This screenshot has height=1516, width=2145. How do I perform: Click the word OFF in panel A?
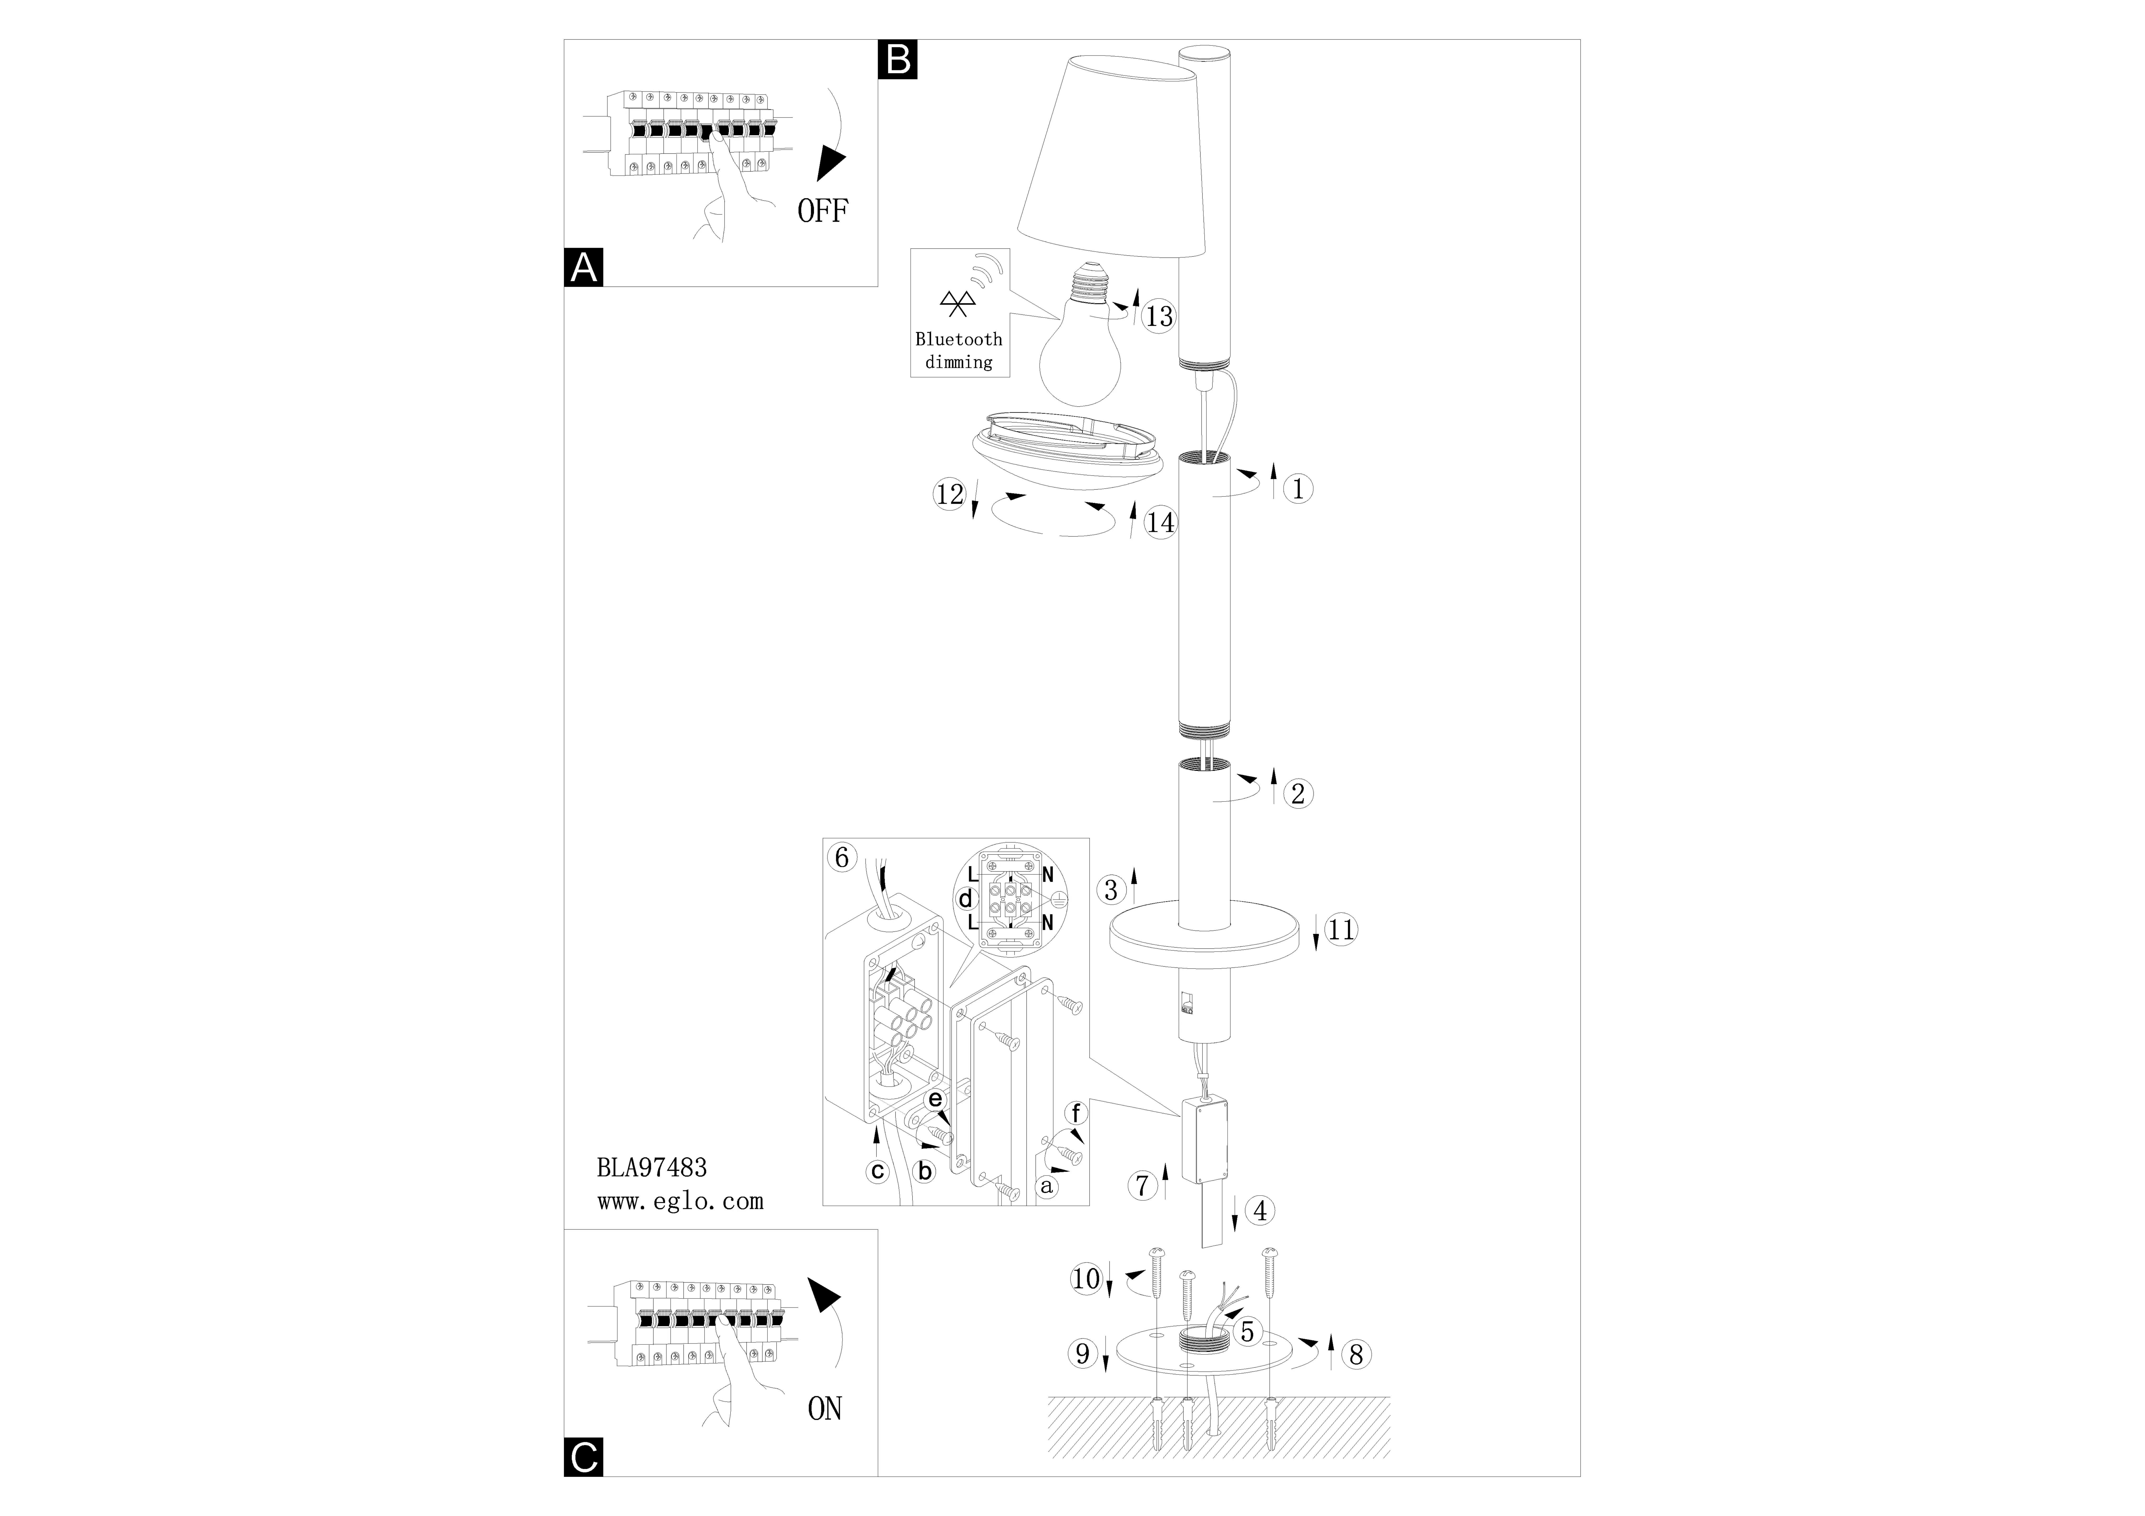pos(822,212)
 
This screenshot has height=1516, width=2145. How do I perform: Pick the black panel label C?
pos(584,1457)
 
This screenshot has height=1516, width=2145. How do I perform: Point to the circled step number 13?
pos(1159,317)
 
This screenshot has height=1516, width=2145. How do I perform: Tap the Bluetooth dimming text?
pos(959,350)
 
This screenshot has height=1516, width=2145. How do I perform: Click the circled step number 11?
pos(1342,929)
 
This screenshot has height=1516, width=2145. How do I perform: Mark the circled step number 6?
pos(842,857)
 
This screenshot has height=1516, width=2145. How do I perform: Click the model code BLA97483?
pos(652,1168)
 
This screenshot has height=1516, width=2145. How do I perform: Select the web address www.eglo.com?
pos(680,1201)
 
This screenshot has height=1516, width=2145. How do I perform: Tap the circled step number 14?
pos(1160,522)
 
